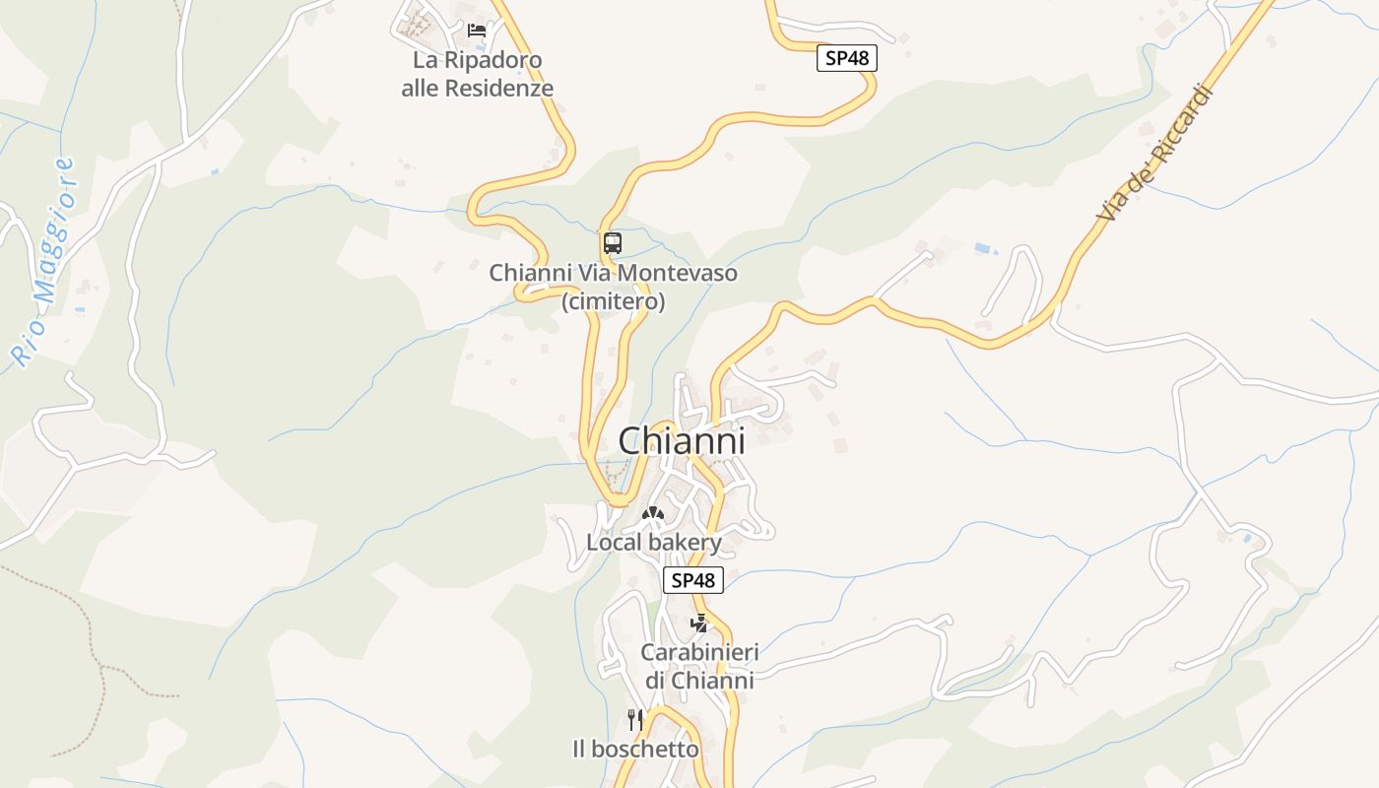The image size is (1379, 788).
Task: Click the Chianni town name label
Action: point(681,441)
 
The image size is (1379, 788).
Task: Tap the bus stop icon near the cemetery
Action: point(613,242)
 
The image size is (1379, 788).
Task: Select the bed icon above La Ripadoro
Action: point(477,31)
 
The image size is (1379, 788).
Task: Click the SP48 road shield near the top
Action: point(846,58)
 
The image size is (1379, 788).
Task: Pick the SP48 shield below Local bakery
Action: point(693,580)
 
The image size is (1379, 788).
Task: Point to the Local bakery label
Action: point(654,542)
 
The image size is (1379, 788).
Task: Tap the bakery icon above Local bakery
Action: point(652,513)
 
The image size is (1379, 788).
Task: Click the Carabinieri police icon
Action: point(698,623)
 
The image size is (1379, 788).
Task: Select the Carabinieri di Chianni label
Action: point(699,666)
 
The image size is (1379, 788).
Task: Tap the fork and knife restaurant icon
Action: point(635,720)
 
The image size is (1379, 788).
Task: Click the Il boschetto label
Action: point(635,750)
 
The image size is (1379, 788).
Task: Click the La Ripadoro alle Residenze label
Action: point(477,74)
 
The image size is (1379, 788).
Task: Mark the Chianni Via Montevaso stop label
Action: point(613,273)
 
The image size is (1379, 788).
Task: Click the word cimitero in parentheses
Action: point(613,301)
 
